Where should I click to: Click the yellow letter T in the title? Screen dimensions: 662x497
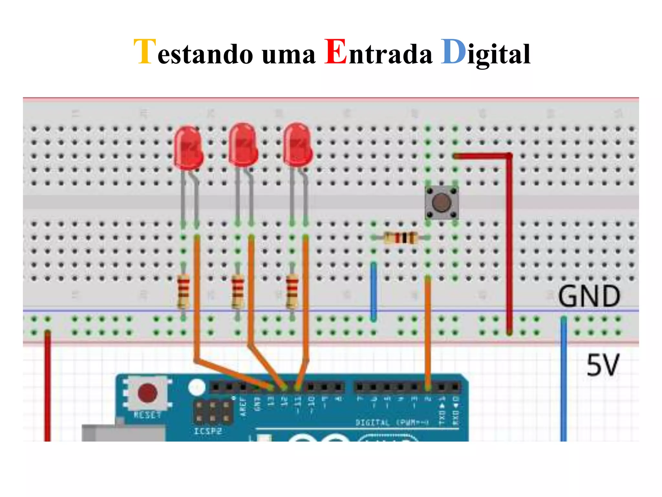click(x=145, y=52)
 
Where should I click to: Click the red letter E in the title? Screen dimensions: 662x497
click(x=336, y=52)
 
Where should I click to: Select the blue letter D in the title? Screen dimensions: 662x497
click(x=453, y=52)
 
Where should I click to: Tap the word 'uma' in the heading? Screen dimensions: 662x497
click(x=288, y=54)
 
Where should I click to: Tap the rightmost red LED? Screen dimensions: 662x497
click(x=298, y=145)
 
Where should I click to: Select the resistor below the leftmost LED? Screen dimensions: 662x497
click(x=183, y=291)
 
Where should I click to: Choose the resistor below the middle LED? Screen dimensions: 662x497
click(x=238, y=291)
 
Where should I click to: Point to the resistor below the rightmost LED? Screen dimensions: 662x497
click(x=292, y=291)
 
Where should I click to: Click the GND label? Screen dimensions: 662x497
click(x=589, y=296)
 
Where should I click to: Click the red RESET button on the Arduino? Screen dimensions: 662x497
click(x=147, y=393)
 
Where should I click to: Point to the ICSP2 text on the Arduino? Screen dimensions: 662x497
click(x=208, y=431)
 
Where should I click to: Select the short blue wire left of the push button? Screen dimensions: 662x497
click(x=374, y=291)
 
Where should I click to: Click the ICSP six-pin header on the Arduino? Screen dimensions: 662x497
click(x=212, y=412)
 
